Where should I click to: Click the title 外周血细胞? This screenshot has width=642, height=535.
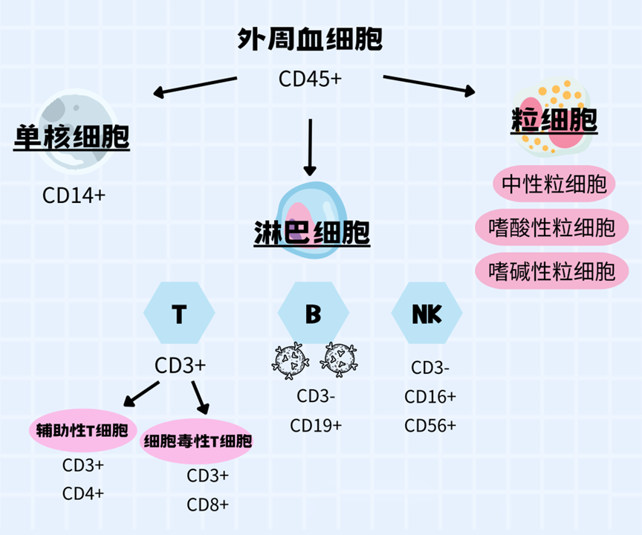click(x=310, y=39)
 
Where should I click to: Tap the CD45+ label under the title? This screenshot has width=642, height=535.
click(x=310, y=78)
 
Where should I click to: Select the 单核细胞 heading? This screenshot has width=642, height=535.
click(x=71, y=137)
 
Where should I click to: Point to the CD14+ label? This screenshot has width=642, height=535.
click(x=74, y=196)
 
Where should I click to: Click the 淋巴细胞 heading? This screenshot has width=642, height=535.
click(x=311, y=233)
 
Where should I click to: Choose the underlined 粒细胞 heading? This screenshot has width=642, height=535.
click(x=554, y=121)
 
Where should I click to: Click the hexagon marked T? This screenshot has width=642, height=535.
click(x=179, y=314)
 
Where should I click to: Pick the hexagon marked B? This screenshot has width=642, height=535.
click(x=313, y=314)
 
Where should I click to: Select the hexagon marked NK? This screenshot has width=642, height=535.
click(x=427, y=314)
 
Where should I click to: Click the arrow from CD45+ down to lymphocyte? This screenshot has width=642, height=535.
click(x=310, y=145)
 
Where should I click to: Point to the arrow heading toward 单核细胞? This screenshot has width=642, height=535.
click(x=195, y=85)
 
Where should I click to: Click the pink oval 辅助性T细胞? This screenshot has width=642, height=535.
click(x=82, y=429)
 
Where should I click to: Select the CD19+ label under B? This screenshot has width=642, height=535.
click(x=316, y=426)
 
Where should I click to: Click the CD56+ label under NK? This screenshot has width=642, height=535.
click(x=430, y=426)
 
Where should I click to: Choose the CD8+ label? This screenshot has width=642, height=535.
click(x=208, y=505)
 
